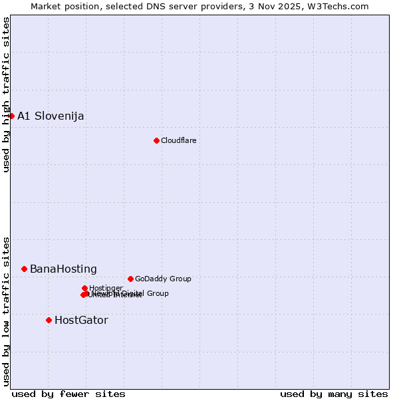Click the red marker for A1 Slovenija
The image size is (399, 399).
point(11,116)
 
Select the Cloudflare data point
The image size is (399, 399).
point(156,140)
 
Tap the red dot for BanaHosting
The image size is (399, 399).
point(24,269)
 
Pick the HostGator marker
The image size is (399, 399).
point(49,320)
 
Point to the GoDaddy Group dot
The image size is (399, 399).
point(130,279)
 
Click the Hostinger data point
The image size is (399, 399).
point(84,288)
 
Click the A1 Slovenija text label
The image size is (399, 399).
point(51,116)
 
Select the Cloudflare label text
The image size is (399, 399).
point(178,141)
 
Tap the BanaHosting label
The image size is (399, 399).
point(63,269)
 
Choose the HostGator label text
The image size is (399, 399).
point(81,321)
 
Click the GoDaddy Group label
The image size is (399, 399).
point(163,279)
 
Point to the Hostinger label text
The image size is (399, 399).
point(106,288)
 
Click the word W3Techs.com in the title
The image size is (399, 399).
point(342,6)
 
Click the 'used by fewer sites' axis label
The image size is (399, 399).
point(68,394)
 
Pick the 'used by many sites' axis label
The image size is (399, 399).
point(334,394)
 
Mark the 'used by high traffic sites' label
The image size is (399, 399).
point(6,94)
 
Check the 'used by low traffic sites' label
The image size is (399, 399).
point(6,311)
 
